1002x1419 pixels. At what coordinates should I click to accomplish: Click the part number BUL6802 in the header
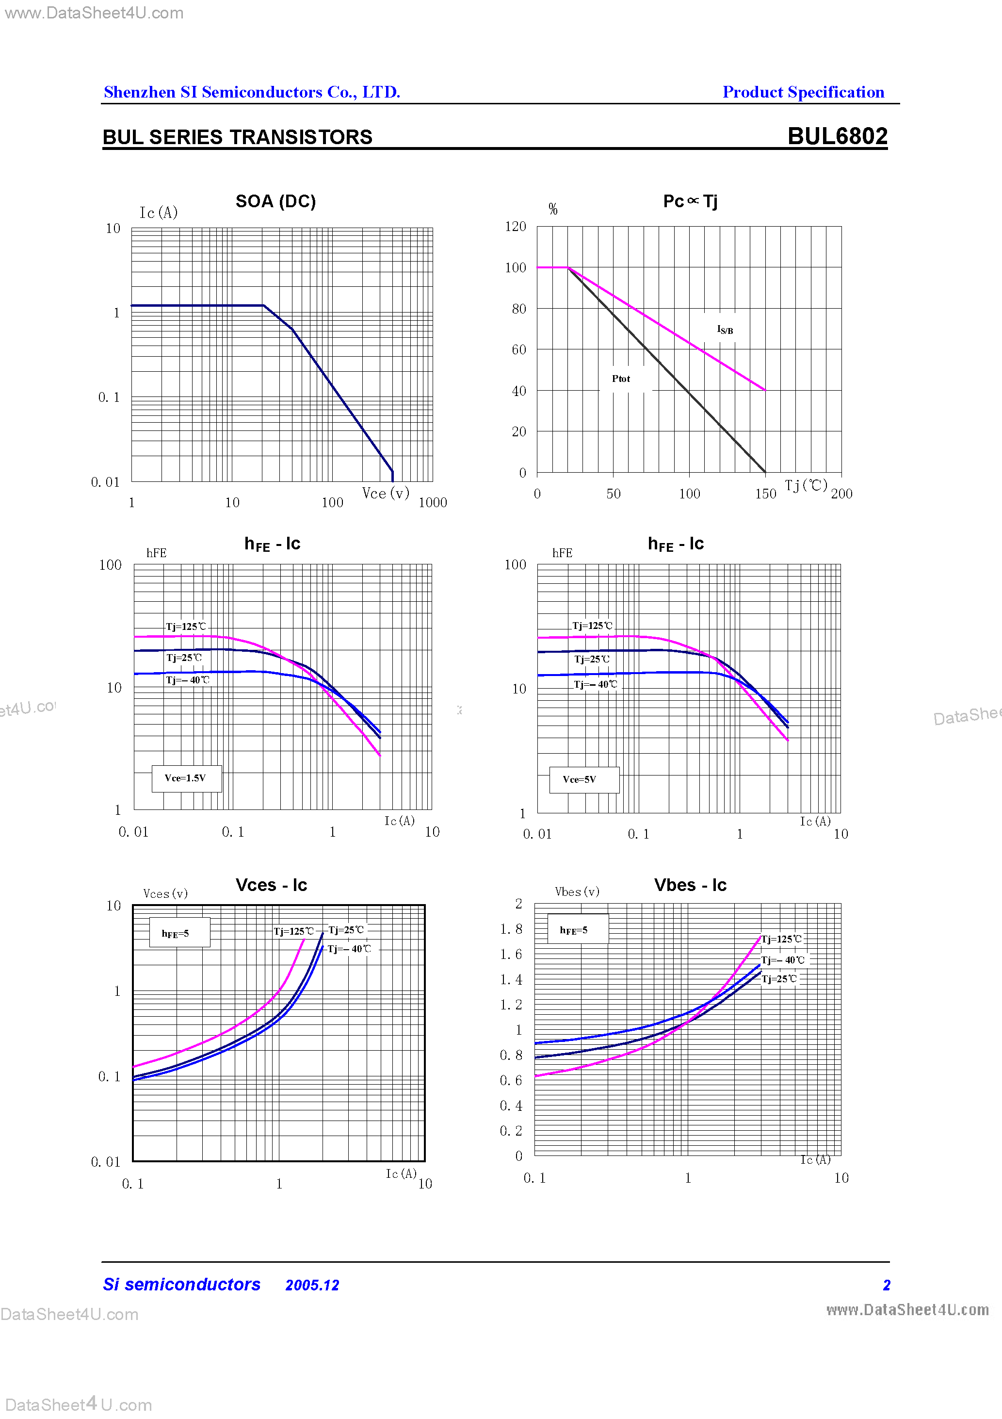pyautogui.click(x=837, y=136)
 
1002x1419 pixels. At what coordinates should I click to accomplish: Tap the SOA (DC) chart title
pyautogui.click(x=275, y=201)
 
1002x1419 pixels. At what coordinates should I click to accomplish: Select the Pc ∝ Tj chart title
pyautogui.click(x=690, y=201)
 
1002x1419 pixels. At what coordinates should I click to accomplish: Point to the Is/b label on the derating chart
pyautogui.click(x=725, y=330)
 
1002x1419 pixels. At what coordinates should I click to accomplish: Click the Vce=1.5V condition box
pyautogui.click(x=186, y=778)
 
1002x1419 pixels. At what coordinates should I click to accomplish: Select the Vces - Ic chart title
pyautogui.click(x=271, y=885)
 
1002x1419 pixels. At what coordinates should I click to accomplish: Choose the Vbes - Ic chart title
pyautogui.click(x=690, y=885)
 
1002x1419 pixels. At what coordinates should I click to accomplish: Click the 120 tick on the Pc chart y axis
pyautogui.click(x=515, y=227)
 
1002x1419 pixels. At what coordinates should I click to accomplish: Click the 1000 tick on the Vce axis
pyautogui.click(x=433, y=502)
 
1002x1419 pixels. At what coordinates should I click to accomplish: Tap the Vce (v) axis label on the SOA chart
pyautogui.click(x=386, y=493)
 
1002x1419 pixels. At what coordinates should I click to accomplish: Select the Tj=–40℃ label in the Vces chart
pyautogui.click(x=349, y=949)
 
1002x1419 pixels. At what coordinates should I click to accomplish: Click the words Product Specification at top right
pyautogui.click(x=803, y=92)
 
